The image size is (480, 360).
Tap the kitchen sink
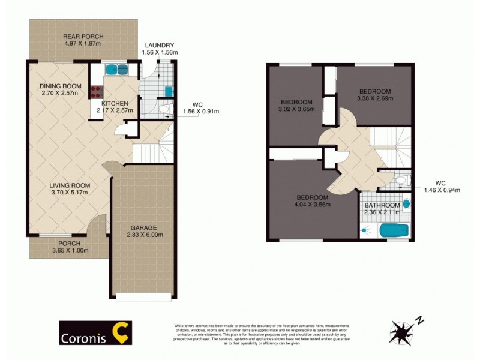[117, 70]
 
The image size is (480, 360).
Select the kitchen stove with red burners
[96, 92]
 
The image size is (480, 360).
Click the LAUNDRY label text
[158, 45]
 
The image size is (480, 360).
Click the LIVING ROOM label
[69, 185]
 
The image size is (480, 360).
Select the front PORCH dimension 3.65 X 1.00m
[70, 250]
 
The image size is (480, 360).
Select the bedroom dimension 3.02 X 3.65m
[296, 109]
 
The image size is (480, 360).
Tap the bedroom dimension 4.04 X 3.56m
[312, 205]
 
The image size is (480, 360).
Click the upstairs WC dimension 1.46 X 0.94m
[442, 190]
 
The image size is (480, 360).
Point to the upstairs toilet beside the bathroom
[401, 179]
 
